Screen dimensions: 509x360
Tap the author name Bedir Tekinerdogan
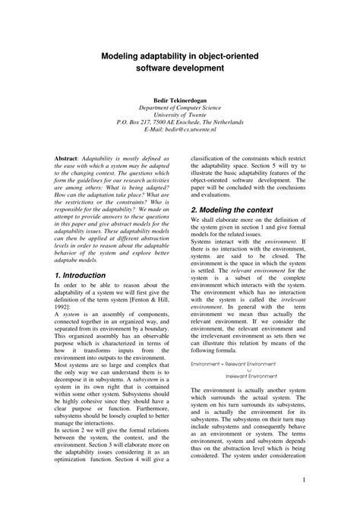[180, 99]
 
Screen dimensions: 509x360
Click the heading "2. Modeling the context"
[232, 209]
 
